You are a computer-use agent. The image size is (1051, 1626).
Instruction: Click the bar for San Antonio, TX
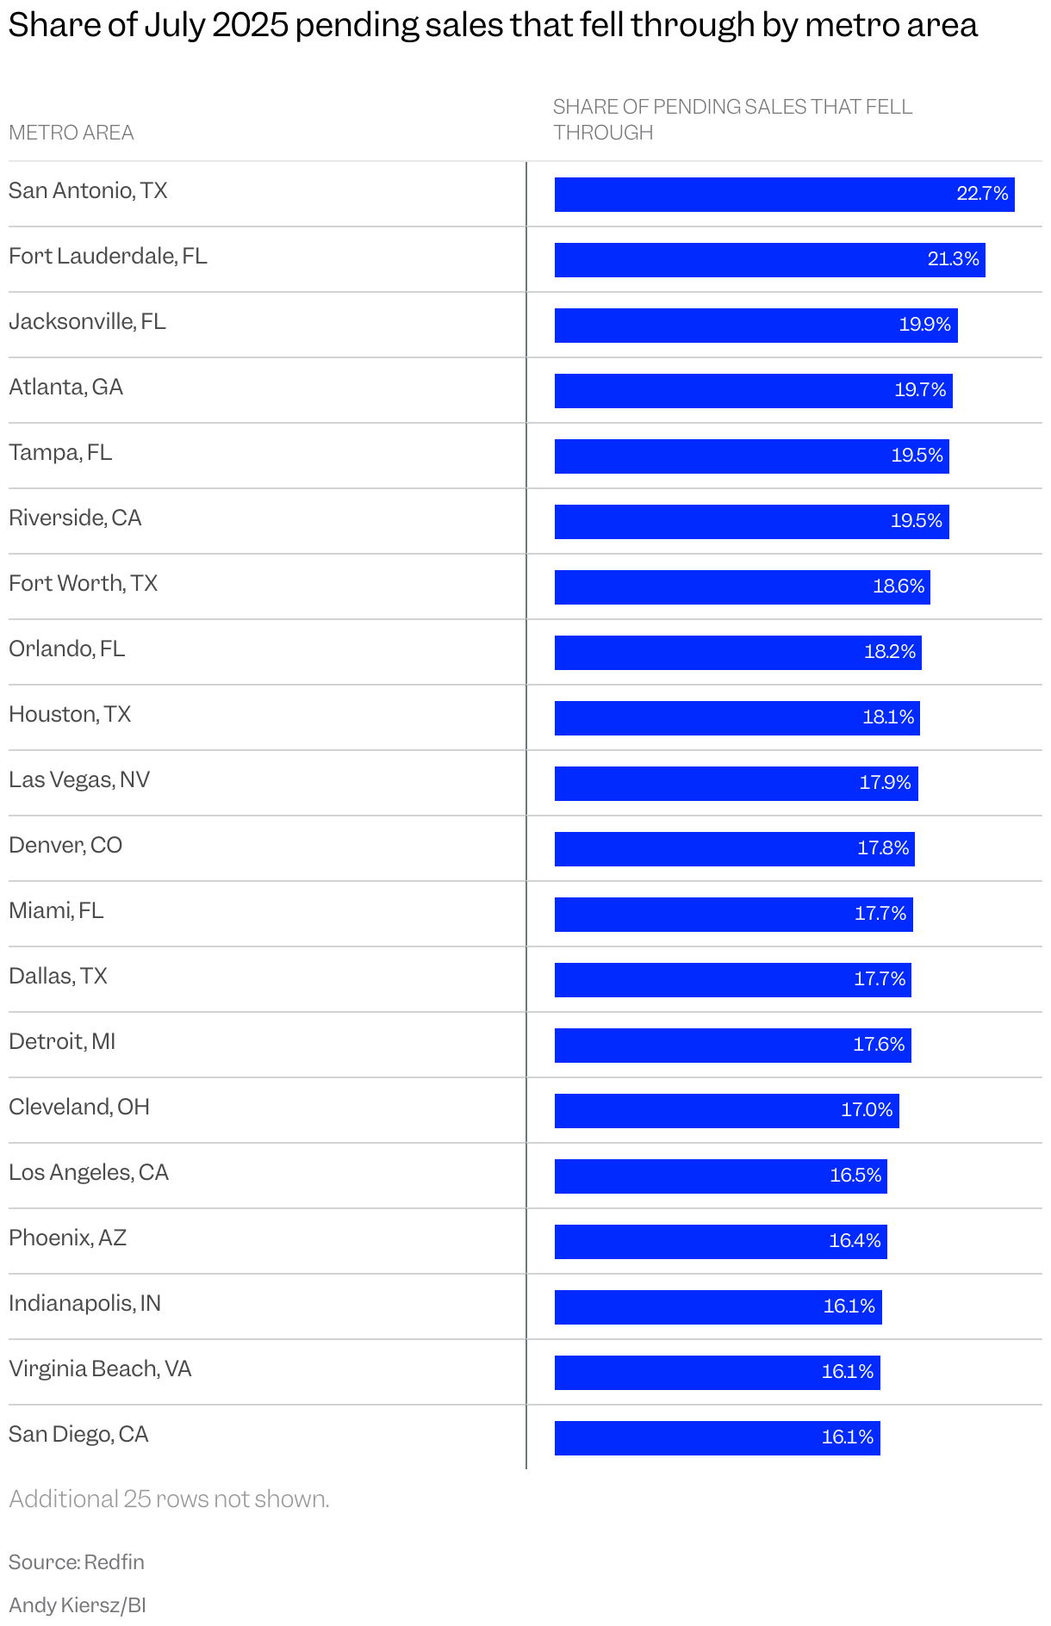[x=784, y=195]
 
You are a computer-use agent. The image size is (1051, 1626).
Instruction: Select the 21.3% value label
[x=953, y=259]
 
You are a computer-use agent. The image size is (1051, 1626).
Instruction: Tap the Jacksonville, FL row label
[x=87, y=322]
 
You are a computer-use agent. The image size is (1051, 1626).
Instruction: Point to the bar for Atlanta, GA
[x=753, y=391]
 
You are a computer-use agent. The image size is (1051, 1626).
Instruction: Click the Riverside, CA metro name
[x=75, y=518]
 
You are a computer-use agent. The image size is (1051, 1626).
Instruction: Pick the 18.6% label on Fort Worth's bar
[x=899, y=586]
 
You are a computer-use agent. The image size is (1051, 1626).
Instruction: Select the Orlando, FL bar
[x=737, y=653]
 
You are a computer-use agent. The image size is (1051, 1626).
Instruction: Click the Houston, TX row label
[x=70, y=715]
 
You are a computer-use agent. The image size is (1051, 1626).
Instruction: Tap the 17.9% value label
[x=885, y=783]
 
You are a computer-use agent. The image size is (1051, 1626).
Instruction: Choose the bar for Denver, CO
[x=734, y=849]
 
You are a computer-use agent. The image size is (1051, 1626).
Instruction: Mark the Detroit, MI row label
[x=62, y=1042]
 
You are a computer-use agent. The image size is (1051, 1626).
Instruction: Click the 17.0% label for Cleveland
[x=867, y=1110]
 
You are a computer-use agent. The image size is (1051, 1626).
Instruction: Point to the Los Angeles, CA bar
[x=720, y=1176]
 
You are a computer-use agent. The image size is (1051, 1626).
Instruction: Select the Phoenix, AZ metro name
[x=68, y=1238]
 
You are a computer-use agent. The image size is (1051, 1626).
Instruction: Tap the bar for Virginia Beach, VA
[x=717, y=1373]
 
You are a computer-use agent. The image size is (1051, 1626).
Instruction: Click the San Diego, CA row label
[x=78, y=1435]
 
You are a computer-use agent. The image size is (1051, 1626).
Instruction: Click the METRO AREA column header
[x=72, y=133]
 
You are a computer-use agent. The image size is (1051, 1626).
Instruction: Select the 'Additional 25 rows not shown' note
[x=169, y=1499]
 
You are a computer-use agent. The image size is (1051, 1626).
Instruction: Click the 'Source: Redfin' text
[x=77, y=1562]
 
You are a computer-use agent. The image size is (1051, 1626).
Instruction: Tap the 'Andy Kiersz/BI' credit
[x=78, y=1605]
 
